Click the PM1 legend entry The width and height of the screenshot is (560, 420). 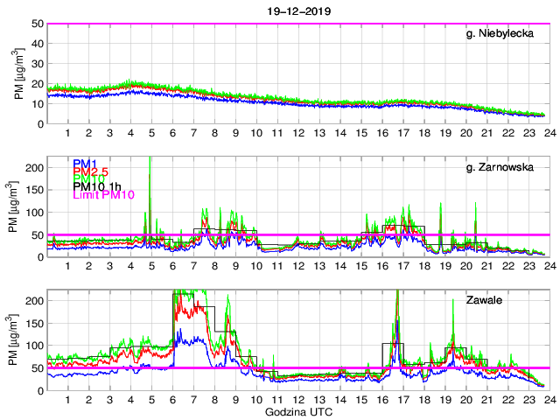tap(85, 164)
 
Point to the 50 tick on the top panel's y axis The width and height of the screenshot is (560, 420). tap(38, 24)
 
